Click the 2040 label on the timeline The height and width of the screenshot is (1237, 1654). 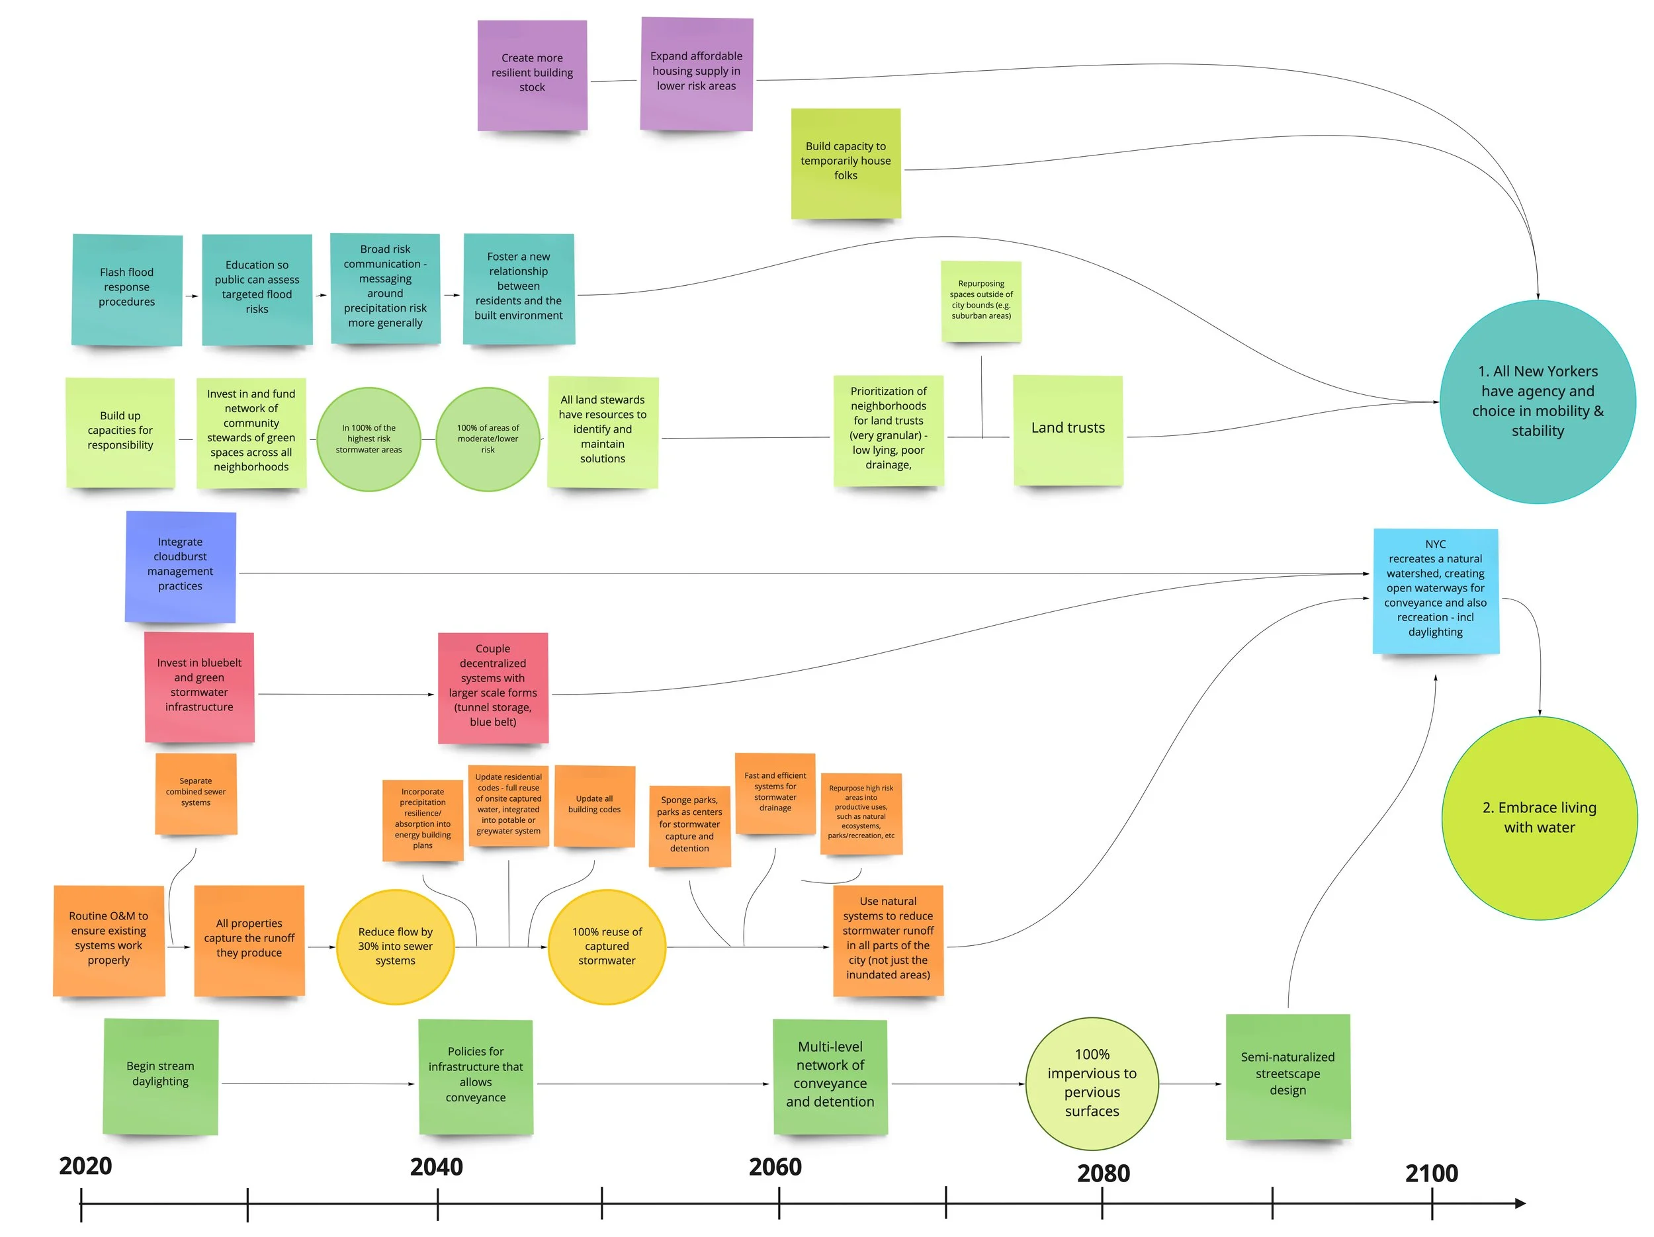436,1166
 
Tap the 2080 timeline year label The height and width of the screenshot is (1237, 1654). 1103,1173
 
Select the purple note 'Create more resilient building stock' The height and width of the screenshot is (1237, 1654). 532,74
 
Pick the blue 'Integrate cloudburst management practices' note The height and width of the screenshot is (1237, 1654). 180,566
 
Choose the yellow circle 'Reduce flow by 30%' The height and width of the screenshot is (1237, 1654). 395,945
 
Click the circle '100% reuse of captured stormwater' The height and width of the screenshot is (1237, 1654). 607,945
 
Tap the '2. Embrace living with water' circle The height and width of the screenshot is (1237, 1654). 1539,818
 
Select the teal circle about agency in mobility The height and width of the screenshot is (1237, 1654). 1538,402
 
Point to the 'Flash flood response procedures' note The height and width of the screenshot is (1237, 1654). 127,288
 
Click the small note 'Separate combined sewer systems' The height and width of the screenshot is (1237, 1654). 196,792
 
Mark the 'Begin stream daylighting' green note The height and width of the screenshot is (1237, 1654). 161,1075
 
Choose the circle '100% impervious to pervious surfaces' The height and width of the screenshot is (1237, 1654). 1092,1082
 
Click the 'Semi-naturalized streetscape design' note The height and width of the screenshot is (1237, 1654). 1287,1075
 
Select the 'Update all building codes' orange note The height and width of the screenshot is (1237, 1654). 595,805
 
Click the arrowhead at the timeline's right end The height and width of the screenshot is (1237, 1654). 1520,1203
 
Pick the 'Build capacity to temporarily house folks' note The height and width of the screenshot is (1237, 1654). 846,162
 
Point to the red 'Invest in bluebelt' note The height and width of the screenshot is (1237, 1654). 199,686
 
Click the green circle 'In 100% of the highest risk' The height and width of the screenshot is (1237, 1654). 369,439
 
